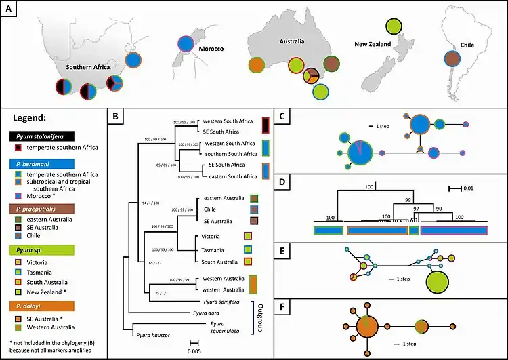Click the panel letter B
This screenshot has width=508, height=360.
coord(116,117)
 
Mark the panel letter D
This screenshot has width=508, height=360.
coord(282,182)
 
